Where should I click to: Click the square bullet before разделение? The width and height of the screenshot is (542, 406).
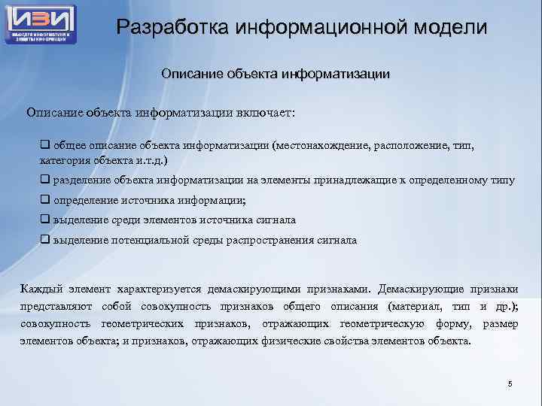[x=44, y=180]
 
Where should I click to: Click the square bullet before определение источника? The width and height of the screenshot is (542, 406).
[x=44, y=201]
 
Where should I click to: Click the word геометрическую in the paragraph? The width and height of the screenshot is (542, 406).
[x=382, y=323]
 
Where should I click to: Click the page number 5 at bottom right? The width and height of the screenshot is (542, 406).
[x=510, y=384]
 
